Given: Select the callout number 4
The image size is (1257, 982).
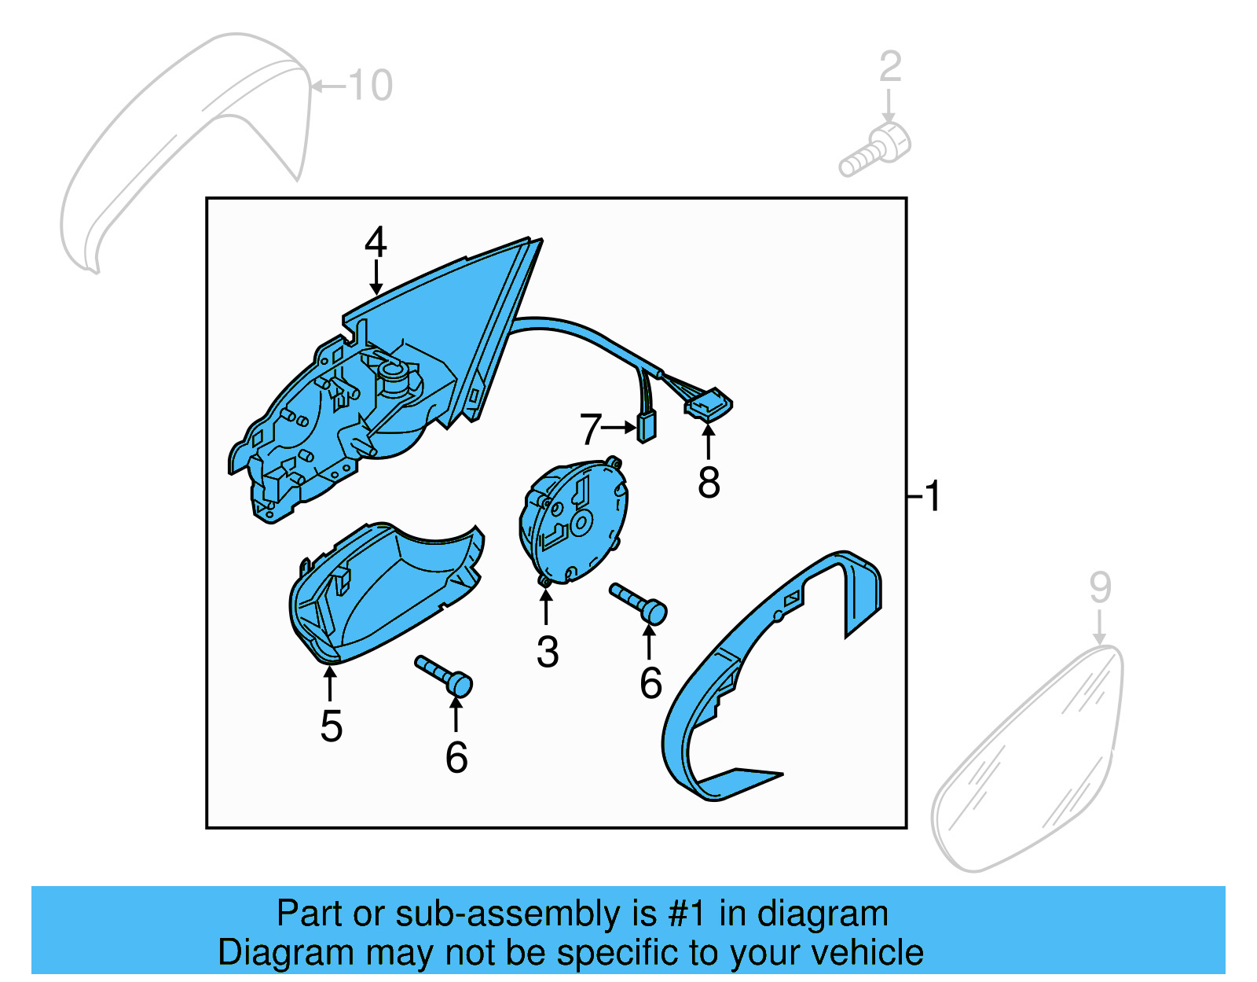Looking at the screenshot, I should point(376,241).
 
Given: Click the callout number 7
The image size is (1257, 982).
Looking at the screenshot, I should point(591,429).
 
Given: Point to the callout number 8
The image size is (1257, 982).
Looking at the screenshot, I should point(709,482).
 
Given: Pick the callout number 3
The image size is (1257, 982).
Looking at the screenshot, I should point(548,652).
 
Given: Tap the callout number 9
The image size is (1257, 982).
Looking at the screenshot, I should point(1100,587).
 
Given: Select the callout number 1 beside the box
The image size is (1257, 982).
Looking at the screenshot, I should point(933,496).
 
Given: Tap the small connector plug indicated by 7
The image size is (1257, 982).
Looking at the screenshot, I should point(647,426).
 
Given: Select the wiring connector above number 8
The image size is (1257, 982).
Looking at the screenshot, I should point(709,406).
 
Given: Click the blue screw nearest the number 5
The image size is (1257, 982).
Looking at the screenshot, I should point(445,675).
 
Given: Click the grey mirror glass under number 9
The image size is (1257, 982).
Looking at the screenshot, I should point(1029,763).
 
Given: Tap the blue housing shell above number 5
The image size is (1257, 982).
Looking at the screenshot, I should point(385,590).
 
